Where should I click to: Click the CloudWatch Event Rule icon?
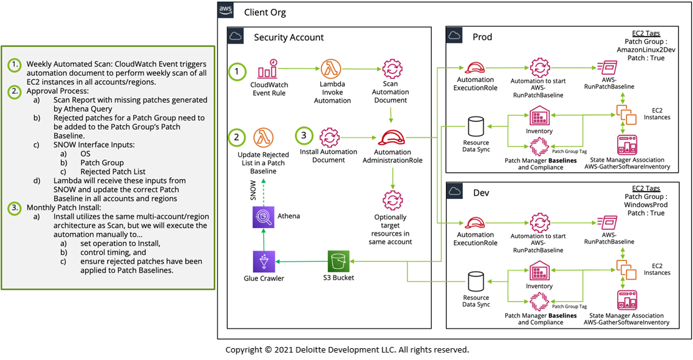tap(267, 69)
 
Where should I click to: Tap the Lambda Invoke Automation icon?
tap(331, 69)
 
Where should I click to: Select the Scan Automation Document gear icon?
tap(392, 69)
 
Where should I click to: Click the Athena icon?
tap(263, 217)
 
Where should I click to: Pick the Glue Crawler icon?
tap(264, 262)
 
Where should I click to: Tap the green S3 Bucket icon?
tap(338, 262)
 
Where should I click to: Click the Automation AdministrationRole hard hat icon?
tap(391, 138)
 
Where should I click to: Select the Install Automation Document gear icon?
tap(329, 138)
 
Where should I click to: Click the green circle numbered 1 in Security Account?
tap(237, 71)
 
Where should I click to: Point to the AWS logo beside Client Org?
tap(225, 11)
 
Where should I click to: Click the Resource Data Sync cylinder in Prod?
tap(475, 127)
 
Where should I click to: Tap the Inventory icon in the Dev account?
tap(539, 271)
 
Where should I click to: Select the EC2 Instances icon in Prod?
tap(626, 114)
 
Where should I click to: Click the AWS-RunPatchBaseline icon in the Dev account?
tap(607, 223)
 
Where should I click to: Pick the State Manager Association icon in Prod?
tap(626, 145)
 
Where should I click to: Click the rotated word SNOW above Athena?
tap(253, 190)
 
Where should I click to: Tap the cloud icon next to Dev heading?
tap(455, 192)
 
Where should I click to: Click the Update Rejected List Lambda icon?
tap(263, 138)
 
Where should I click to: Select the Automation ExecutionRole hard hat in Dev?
tap(475, 223)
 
